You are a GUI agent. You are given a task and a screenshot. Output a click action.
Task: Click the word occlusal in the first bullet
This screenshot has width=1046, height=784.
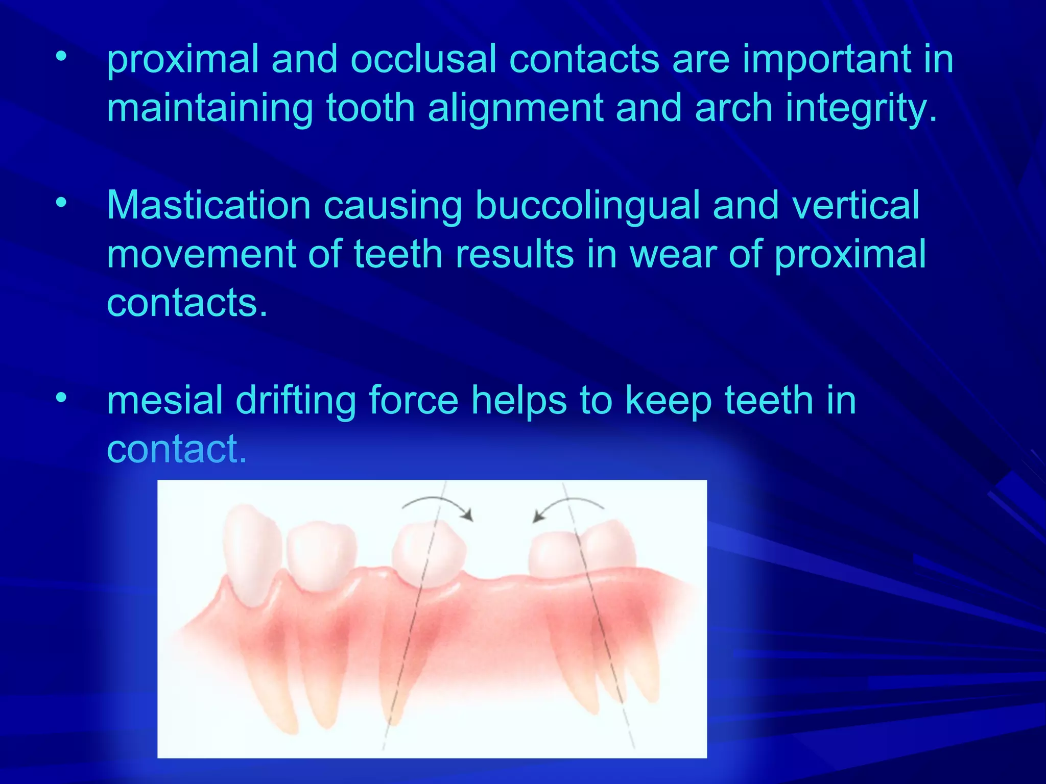click(423, 60)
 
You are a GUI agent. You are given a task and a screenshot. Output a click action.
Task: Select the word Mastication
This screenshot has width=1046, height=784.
click(209, 206)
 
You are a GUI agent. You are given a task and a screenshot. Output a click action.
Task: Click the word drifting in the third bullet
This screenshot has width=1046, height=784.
click(296, 400)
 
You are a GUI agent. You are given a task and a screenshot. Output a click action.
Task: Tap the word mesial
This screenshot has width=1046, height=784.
click(164, 400)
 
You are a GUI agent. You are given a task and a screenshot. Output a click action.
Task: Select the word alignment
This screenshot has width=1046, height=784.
click(515, 109)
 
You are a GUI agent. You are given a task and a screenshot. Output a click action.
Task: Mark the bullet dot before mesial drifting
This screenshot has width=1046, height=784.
click(61, 398)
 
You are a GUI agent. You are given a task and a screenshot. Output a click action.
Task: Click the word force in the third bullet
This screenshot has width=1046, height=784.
click(413, 400)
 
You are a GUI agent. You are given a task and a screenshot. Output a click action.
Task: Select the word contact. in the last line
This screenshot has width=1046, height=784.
click(177, 449)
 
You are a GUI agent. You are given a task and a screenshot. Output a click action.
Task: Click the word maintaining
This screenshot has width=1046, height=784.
click(209, 109)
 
